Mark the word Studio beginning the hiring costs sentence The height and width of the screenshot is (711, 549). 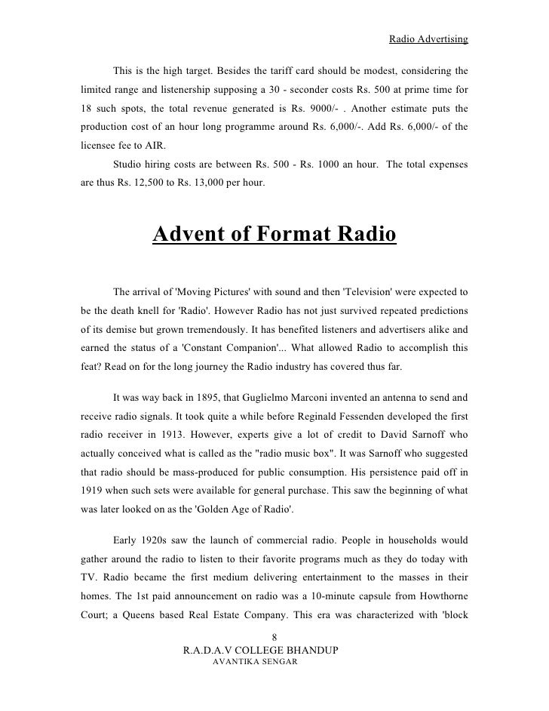tap(128, 164)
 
